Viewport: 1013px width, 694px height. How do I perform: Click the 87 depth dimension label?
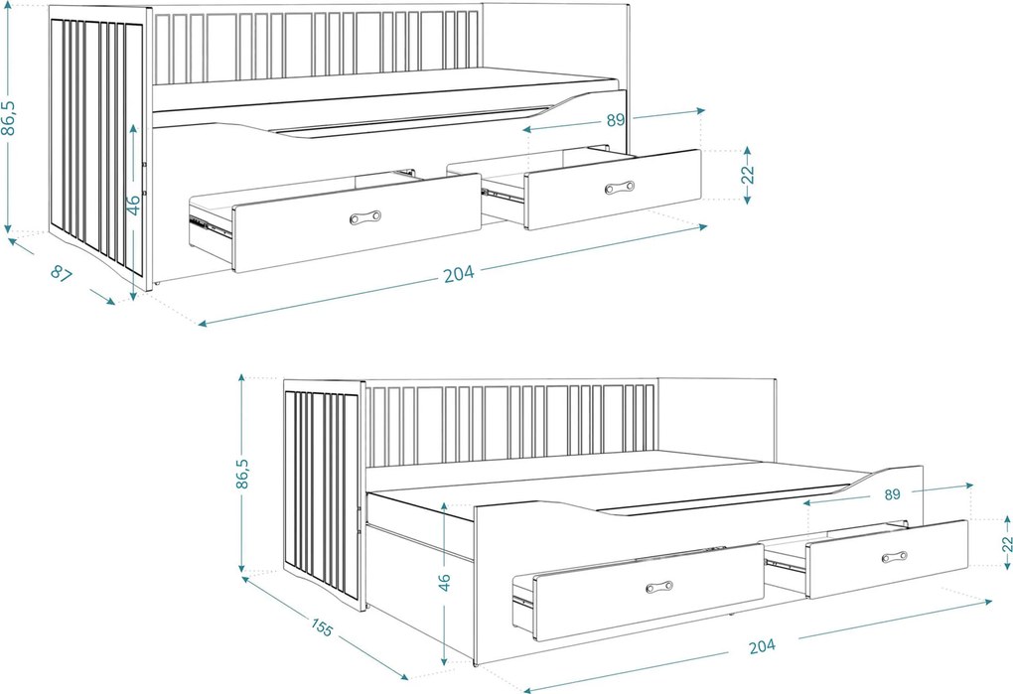tap(62, 274)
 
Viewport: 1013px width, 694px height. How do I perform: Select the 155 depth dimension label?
tap(322, 626)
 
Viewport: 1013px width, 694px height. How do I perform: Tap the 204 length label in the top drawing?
tap(459, 274)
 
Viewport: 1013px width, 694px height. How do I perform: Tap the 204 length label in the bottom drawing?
tap(763, 645)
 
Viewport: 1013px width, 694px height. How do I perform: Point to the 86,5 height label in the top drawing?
tap(10, 117)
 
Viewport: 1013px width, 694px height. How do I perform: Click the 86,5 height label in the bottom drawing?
tap(243, 474)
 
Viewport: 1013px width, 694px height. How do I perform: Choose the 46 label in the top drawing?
tap(132, 204)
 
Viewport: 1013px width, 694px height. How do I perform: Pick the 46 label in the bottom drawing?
tap(445, 582)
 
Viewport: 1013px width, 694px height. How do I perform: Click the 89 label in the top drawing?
tap(616, 120)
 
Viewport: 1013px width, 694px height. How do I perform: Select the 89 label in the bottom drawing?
tap(892, 494)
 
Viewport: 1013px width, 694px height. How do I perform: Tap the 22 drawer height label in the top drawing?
tap(748, 175)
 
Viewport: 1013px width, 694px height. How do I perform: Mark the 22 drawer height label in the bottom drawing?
tap(1007, 543)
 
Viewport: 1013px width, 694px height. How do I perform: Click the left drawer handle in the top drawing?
tap(365, 216)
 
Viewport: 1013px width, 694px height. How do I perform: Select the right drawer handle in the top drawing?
tap(619, 188)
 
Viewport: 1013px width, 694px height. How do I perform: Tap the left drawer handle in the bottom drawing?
tap(659, 587)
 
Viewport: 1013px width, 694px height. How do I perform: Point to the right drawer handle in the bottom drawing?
tap(894, 557)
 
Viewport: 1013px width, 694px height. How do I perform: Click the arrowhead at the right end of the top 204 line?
tap(703, 226)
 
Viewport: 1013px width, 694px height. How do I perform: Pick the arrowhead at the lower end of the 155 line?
tap(404, 676)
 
